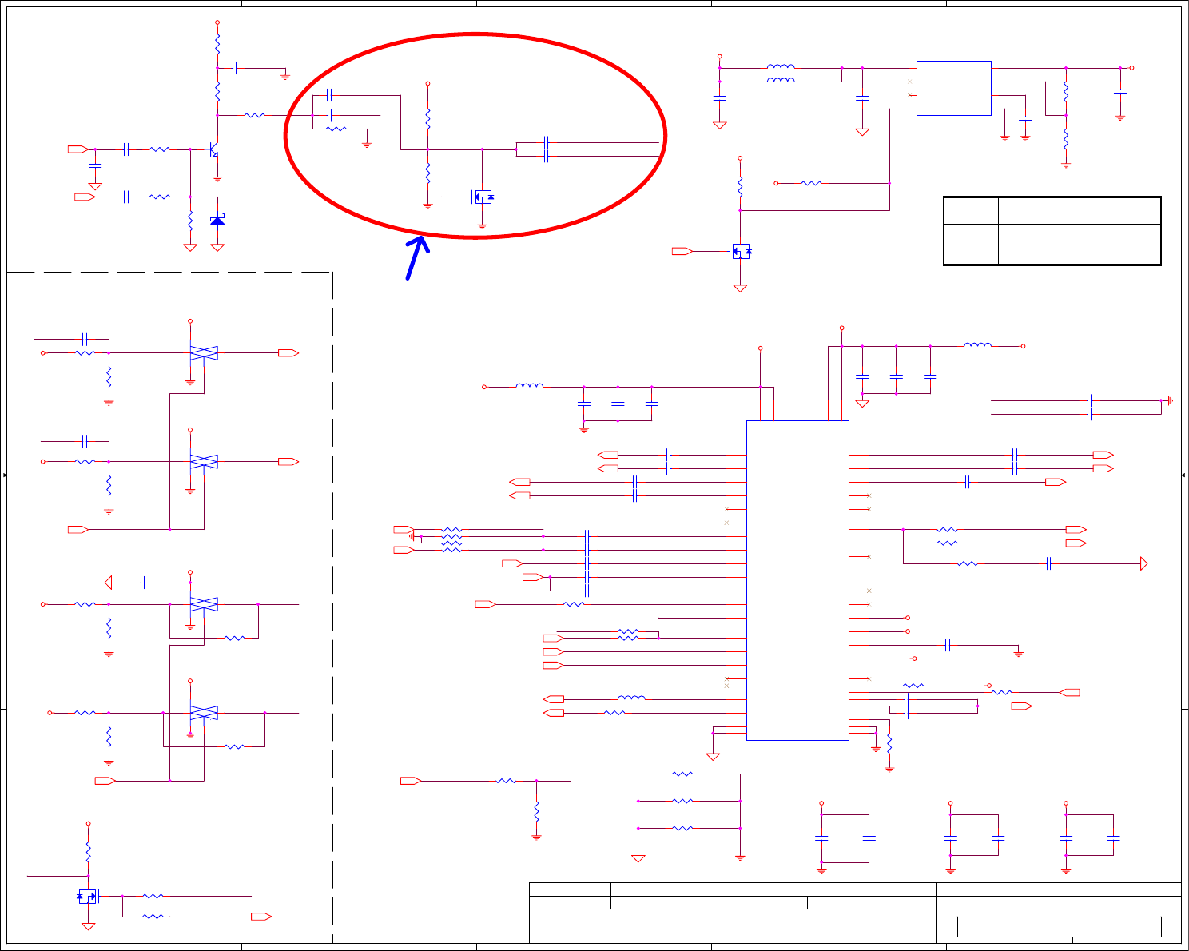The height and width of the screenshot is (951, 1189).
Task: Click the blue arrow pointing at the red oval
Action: pyautogui.click(x=416, y=257)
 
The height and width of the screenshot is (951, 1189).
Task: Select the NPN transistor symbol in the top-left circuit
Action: pyautogui.click(x=213, y=149)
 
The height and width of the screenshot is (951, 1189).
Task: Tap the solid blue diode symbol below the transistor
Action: pyautogui.click(x=217, y=221)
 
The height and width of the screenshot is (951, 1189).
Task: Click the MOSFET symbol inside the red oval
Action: pyautogui.click(x=482, y=197)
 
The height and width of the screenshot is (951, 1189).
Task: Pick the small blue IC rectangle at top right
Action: pyautogui.click(x=953, y=88)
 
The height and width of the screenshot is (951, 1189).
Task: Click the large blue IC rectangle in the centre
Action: pyautogui.click(x=797, y=580)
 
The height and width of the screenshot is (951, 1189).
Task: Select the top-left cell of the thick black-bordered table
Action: pyautogui.click(x=971, y=211)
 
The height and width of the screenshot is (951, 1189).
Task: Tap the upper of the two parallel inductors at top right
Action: pyautogui.click(x=780, y=67)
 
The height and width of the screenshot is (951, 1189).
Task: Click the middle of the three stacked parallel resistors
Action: pyautogui.click(x=682, y=801)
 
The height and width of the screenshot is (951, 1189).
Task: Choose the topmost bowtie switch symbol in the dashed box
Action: pyautogui.click(x=204, y=352)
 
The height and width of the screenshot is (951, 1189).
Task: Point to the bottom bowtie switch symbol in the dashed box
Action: pyautogui.click(x=204, y=713)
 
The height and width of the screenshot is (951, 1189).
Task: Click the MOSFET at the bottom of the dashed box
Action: pyautogui.click(x=87, y=897)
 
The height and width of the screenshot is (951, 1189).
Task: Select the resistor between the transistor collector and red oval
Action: pyautogui.click(x=254, y=115)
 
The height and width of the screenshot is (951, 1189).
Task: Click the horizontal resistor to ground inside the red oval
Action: pyautogui.click(x=336, y=129)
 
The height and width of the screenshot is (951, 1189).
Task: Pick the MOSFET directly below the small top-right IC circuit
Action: pyautogui.click(x=741, y=251)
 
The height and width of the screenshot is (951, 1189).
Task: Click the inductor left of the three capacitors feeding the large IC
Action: pyautogui.click(x=529, y=386)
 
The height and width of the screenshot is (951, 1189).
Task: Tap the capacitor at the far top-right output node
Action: pyautogui.click(x=1120, y=91)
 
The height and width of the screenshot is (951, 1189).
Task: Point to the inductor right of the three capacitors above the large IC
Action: pyautogui.click(x=977, y=345)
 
